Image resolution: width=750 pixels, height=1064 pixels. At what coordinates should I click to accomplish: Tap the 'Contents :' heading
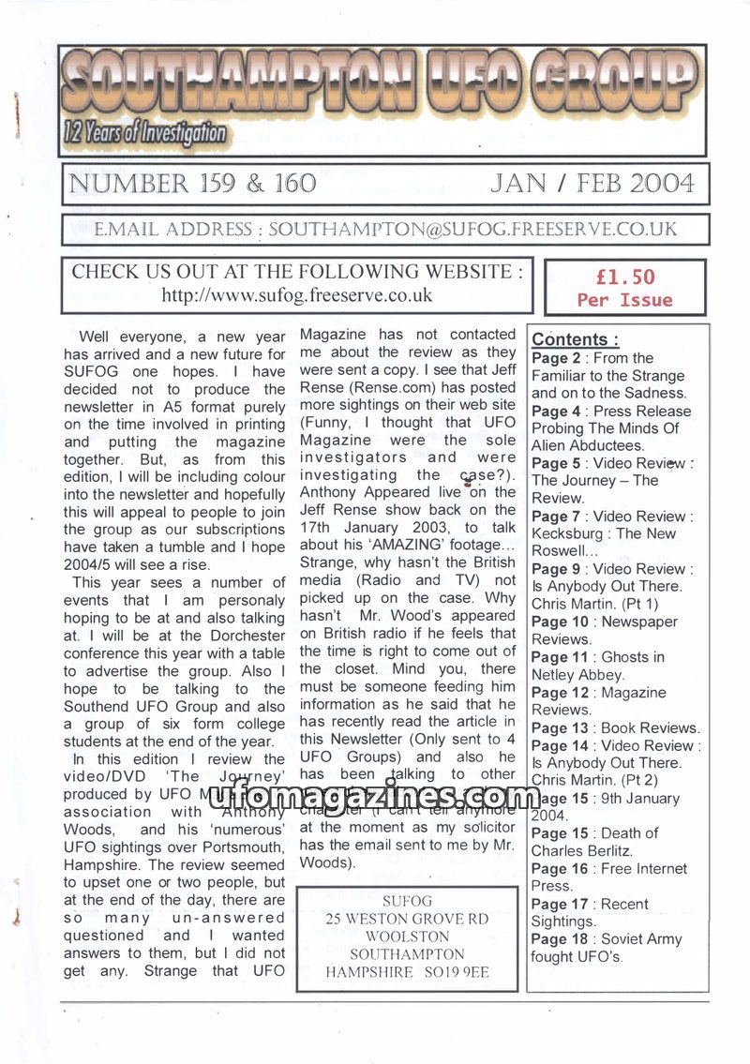[576, 340]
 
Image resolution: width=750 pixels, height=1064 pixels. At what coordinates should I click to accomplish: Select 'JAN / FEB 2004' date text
[592, 183]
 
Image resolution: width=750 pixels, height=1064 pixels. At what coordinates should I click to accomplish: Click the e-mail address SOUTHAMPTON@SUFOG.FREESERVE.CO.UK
[472, 230]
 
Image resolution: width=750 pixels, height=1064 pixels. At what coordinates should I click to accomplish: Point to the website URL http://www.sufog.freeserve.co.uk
[297, 295]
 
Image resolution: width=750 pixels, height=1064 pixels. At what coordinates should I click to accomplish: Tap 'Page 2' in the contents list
[549, 358]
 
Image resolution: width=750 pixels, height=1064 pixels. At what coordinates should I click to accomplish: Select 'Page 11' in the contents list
[553, 657]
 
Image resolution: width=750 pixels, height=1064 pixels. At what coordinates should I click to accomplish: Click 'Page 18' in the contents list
[553, 939]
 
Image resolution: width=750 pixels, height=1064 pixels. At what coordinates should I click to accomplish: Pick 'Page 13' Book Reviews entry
[553, 727]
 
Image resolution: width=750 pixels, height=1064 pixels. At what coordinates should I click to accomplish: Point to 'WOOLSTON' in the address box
[407, 937]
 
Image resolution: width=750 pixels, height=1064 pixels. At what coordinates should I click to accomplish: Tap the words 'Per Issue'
[624, 301]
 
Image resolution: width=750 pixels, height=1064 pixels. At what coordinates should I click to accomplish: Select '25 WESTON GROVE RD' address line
[407, 919]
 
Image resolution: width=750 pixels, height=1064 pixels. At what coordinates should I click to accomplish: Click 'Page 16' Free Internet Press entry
[553, 869]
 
